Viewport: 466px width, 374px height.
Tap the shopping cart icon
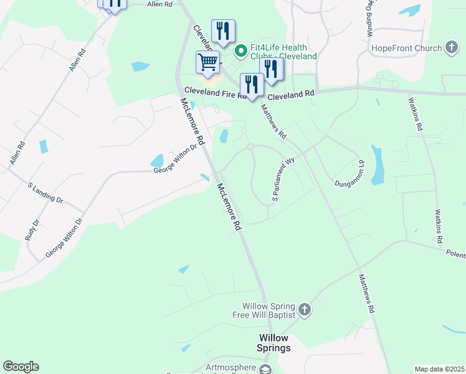[x=207, y=62]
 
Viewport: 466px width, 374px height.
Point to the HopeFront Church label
[x=406, y=48]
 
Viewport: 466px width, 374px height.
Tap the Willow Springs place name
[x=275, y=343]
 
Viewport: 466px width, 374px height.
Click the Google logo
[x=21, y=367]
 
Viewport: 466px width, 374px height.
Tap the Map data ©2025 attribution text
[x=439, y=369]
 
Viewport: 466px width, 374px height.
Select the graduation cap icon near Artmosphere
[x=265, y=370]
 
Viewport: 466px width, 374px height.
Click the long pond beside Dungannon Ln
[x=377, y=165]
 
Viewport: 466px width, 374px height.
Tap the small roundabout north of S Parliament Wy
[x=250, y=147]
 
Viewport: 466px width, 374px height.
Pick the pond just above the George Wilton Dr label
[x=157, y=160]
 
